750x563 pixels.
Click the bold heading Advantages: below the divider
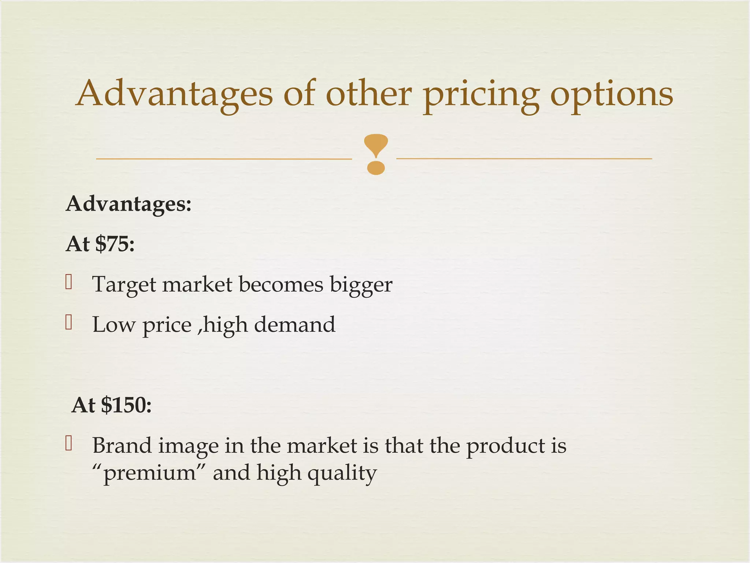[x=129, y=204]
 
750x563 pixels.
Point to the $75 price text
[x=115, y=244]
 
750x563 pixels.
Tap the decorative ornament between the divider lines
[x=376, y=154]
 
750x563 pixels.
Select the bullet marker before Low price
[x=68, y=323]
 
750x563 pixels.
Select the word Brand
[x=122, y=446]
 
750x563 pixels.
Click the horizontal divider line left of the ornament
[x=223, y=159]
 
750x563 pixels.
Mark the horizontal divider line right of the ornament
[x=524, y=159]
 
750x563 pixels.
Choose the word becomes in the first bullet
[x=281, y=284]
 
